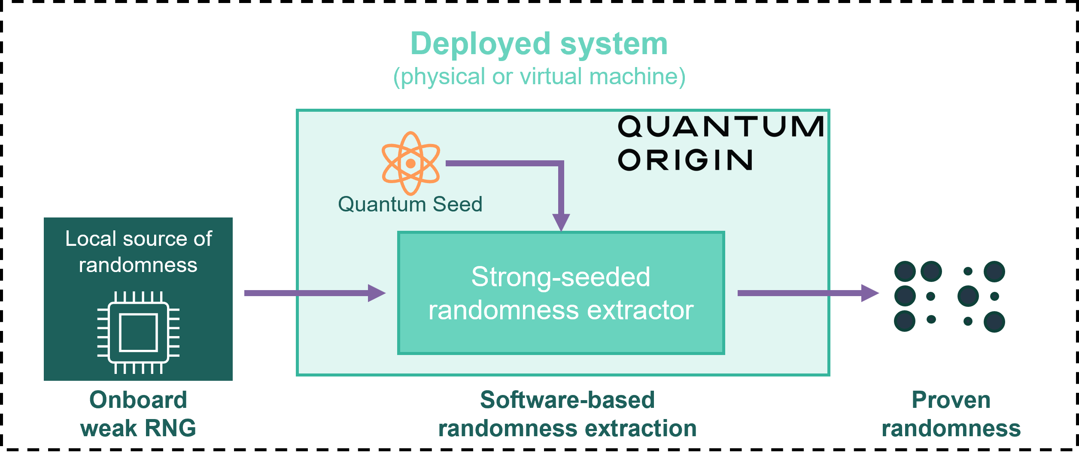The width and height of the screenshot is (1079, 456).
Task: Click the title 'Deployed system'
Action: tap(539, 44)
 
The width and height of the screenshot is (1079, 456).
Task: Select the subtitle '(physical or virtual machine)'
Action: tap(539, 77)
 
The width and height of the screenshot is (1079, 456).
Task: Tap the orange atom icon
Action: tap(410, 163)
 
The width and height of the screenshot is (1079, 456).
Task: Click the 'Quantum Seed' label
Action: tap(410, 204)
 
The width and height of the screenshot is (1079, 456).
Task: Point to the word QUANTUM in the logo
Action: tap(720, 126)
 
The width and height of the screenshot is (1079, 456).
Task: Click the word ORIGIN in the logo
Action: tap(685, 160)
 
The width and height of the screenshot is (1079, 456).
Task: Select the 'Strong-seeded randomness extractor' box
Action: tap(561, 293)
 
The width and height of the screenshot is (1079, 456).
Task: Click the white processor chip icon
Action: tap(138, 332)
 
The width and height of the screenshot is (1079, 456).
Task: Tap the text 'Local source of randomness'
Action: tap(138, 251)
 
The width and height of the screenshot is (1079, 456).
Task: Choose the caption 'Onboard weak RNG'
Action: tap(138, 414)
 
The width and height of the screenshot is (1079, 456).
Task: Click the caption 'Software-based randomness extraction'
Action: tap(567, 414)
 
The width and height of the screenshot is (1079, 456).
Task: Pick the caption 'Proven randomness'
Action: tap(951, 414)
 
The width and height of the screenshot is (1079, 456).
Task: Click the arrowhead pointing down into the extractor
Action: tap(561, 222)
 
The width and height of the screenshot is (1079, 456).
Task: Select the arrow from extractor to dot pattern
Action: tap(808, 293)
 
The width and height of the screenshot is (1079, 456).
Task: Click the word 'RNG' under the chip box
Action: tap(170, 428)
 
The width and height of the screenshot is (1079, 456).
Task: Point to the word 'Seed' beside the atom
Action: tap(457, 204)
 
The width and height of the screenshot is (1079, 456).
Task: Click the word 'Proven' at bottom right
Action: tap(951, 400)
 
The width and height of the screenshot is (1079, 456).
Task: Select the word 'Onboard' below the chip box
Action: tap(138, 400)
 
